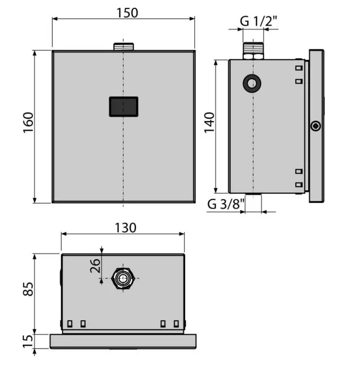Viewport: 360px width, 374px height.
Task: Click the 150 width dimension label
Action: (x=127, y=13)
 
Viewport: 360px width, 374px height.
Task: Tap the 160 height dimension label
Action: (x=28, y=122)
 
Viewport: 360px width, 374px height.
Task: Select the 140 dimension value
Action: (x=210, y=122)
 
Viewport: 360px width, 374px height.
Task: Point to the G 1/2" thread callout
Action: (x=258, y=21)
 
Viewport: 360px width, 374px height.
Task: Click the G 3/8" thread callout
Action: (x=226, y=204)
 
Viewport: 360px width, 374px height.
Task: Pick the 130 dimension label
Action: (x=125, y=228)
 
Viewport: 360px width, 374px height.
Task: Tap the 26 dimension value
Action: (x=95, y=266)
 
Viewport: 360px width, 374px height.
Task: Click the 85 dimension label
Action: (x=28, y=289)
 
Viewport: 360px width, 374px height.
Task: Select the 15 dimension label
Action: (x=28, y=341)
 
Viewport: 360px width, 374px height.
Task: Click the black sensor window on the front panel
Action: (x=123, y=106)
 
